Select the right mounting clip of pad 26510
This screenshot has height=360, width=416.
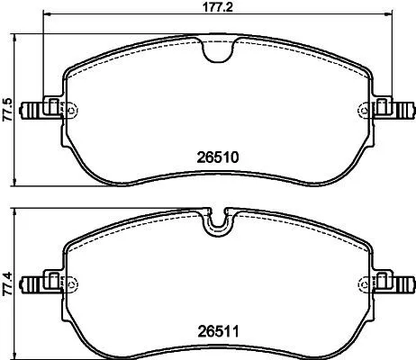tap(393, 109)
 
